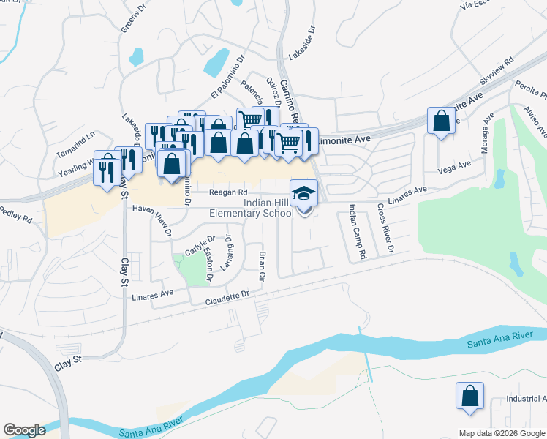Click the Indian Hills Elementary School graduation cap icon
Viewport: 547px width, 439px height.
(x=304, y=194)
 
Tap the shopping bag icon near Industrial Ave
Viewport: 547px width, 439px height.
(x=469, y=396)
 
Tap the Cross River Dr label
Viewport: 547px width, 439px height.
(x=386, y=229)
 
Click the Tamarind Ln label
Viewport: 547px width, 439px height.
(x=75, y=135)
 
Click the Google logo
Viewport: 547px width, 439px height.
(x=24, y=429)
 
